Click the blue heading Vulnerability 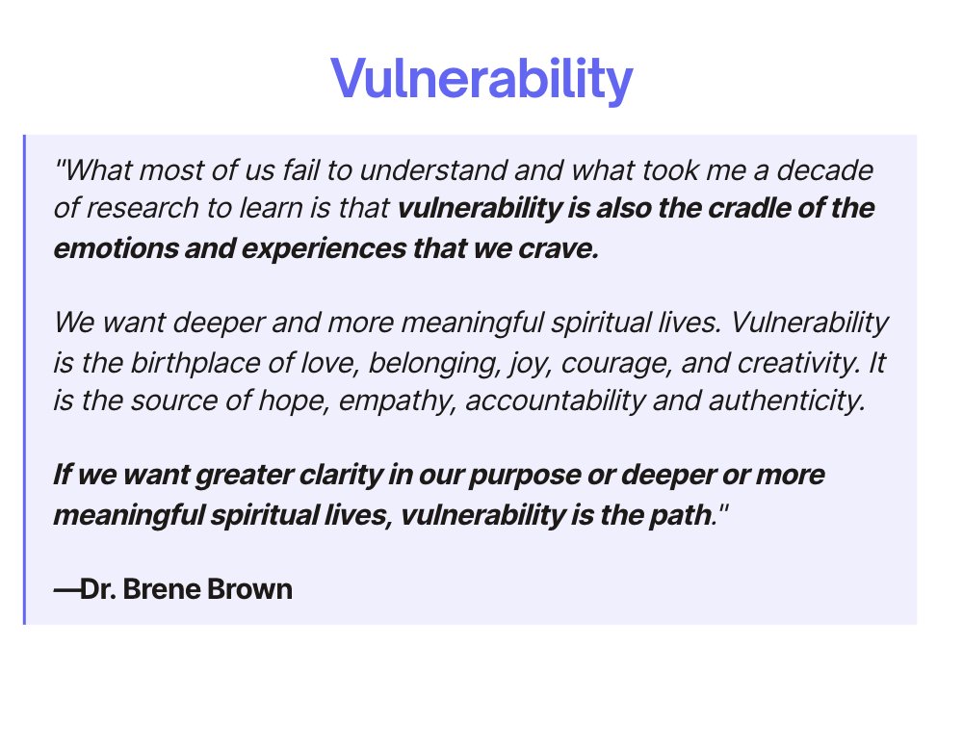coord(481,80)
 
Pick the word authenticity coord(789,401)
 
